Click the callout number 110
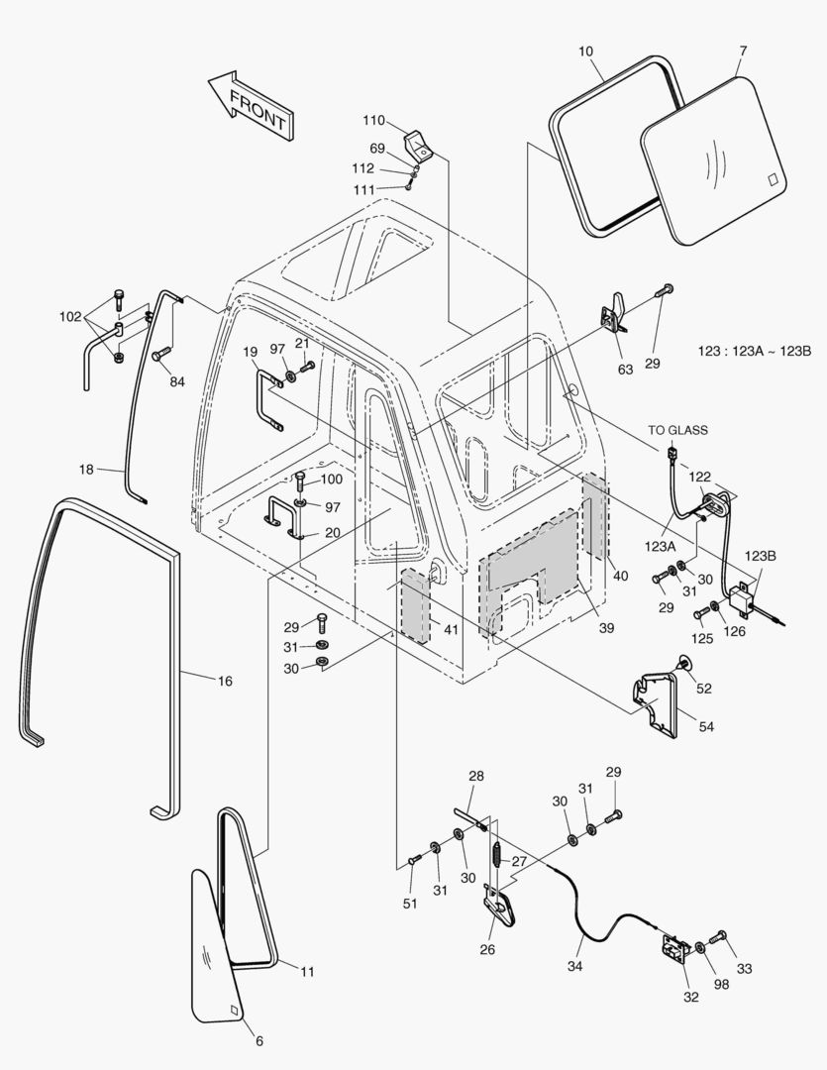coord(373,121)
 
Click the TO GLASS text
coord(678,430)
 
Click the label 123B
coord(762,556)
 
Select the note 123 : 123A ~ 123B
coord(756,352)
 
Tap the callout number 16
coord(225,681)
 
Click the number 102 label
coord(70,317)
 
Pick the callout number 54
coord(705,727)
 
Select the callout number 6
coord(259,1041)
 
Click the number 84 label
coord(176,381)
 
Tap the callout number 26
coord(486,948)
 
